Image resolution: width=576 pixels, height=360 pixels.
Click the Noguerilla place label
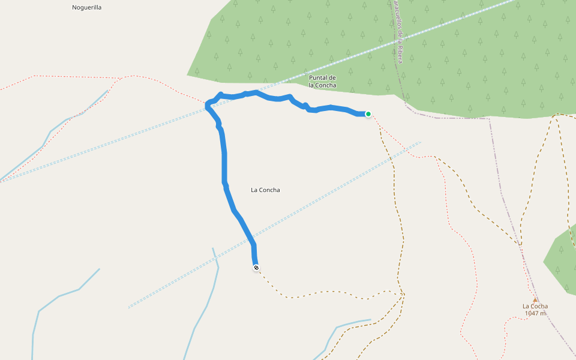click(86, 7)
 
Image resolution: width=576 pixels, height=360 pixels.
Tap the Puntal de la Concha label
click(322, 82)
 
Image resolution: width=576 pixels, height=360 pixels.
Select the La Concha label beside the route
click(265, 190)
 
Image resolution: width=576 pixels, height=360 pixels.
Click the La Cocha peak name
click(535, 306)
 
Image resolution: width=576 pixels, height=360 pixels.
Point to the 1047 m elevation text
click(535, 313)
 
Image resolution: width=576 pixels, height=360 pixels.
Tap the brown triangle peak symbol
click(535, 299)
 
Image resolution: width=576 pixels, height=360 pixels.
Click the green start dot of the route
click(368, 114)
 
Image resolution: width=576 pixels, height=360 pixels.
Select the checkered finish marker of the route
click(256, 267)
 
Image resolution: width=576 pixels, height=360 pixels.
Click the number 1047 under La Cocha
click(532, 313)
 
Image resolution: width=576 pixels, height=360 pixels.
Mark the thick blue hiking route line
click(224, 162)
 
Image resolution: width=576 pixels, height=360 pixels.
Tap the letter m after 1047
click(543, 313)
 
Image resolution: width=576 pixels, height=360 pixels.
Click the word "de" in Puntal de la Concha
click(332, 78)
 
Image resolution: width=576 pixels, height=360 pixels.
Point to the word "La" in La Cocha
click(526, 306)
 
